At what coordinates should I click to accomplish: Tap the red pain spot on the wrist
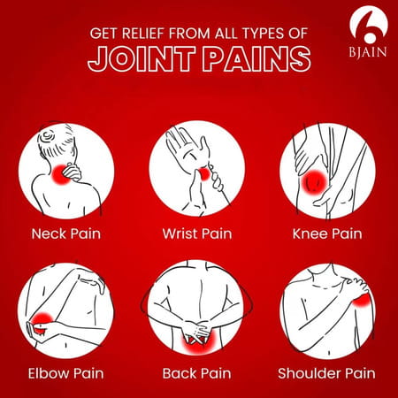point(203,177)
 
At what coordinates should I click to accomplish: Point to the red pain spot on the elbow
point(42,321)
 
